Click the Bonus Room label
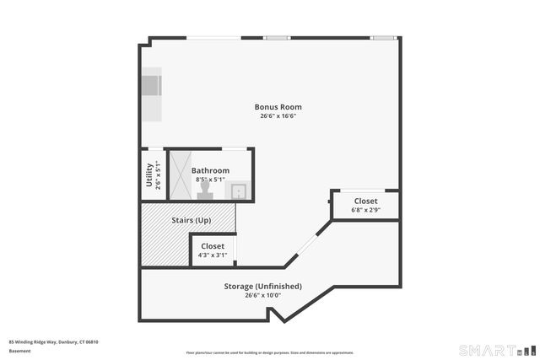[278, 107]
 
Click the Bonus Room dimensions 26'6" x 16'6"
[278, 116]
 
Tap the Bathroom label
[211, 170]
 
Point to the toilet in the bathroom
[204, 193]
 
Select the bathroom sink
[239, 191]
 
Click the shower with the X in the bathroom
[181, 175]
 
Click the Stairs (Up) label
[192, 220]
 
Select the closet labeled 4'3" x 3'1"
[212, 250]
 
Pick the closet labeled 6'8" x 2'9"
[365, 205]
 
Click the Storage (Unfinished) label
[262, 286]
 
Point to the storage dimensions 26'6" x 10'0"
[262, 295]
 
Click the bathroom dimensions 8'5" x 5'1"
[211, 180]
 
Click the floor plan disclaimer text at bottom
[269, 352]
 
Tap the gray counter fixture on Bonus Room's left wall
[151, 87]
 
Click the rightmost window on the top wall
[384, 37]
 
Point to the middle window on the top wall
[277, 37]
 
